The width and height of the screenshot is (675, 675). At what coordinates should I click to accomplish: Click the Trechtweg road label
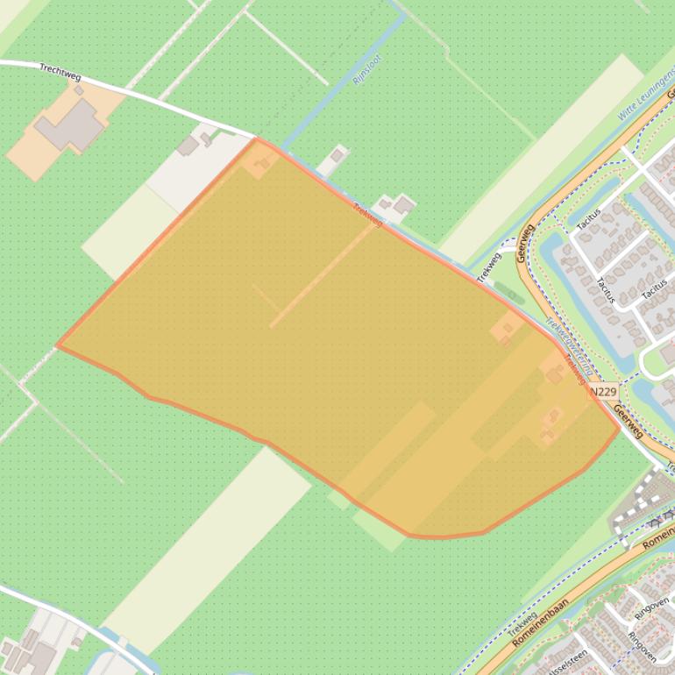point(60,72)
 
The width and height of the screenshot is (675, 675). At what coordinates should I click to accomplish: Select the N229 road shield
point(603,392)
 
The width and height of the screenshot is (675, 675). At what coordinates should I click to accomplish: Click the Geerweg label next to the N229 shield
point(629,421)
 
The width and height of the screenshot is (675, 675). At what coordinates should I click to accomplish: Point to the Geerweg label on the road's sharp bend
point(526,243)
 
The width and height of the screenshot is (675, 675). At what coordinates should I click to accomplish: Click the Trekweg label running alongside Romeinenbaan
point(522,623)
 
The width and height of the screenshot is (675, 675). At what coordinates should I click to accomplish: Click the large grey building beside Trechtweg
point(70,125)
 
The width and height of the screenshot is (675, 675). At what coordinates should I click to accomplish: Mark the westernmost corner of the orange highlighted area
point(58,345)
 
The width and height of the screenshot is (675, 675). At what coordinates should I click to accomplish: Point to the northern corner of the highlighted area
point(257,139)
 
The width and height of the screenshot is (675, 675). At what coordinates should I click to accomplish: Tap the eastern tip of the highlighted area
point(619,430)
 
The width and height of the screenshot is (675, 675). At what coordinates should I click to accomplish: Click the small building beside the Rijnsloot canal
point(337,156)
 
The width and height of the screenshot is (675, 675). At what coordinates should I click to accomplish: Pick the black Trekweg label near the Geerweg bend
point(488,266)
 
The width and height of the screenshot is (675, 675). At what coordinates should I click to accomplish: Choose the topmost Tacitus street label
point(588,221)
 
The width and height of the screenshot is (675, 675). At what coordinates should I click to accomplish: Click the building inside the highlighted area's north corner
point(261,162)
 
